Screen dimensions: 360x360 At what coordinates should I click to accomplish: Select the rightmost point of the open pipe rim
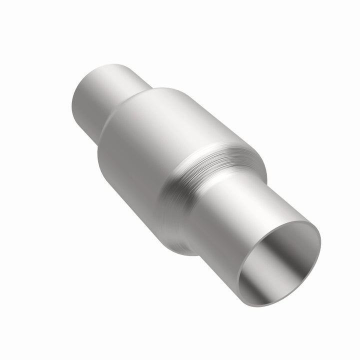[x=320, y=245]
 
